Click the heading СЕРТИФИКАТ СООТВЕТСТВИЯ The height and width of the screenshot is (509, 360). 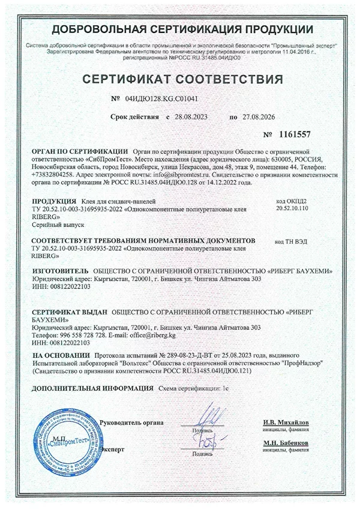(182, 80)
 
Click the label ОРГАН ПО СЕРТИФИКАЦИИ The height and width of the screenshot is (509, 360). (80, 152)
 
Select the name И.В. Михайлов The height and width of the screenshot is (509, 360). (285, 423)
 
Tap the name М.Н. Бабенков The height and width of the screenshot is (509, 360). (285, 443)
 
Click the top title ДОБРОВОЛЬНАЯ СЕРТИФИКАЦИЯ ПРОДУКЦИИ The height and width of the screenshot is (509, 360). (182, 29)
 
